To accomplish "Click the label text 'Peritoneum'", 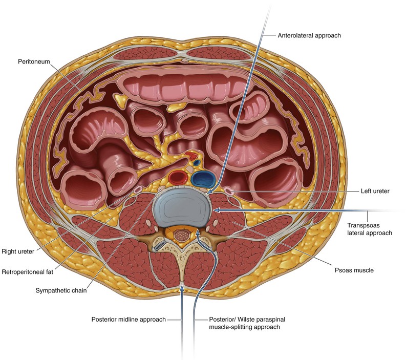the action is [x=34, y=61].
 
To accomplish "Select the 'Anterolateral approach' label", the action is [x=309, y=35].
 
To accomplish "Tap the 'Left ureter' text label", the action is [x=375, y=191].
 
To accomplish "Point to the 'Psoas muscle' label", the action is [x=354, y=270].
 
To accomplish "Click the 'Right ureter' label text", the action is [x=18, y=251].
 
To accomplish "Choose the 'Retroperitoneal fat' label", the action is [x=27, y=272].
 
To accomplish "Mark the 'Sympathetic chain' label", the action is [x=61, y=290].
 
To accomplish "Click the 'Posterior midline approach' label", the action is [x=129, y=320].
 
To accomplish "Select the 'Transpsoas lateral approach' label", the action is [x=370, y=229].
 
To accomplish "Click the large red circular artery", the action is [x=178, y=177].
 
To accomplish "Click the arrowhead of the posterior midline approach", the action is [x=182, y=287].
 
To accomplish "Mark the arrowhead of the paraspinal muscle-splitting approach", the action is [x=198, y=233].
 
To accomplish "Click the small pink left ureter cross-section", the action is [x=229, y=191].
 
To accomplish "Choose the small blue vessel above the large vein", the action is [x=197, y=163].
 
